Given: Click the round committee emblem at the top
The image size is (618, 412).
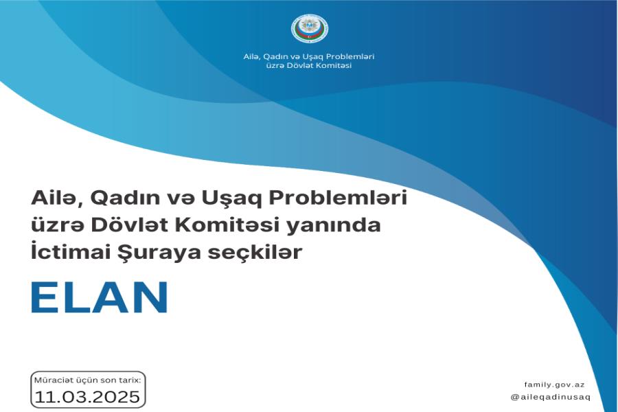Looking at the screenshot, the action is (310, 28).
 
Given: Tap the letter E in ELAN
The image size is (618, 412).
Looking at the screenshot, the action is (43, 297).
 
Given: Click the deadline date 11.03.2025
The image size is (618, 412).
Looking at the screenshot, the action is (87, 396).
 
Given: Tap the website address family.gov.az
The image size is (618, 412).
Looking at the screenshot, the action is (555, 385).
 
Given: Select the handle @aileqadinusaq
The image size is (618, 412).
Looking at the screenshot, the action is (551, 397).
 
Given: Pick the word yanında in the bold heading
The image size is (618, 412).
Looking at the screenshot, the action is (333, 225).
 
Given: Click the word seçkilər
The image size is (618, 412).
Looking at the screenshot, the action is (255, 253).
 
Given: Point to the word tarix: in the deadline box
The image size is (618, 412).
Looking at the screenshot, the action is (130, 380).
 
